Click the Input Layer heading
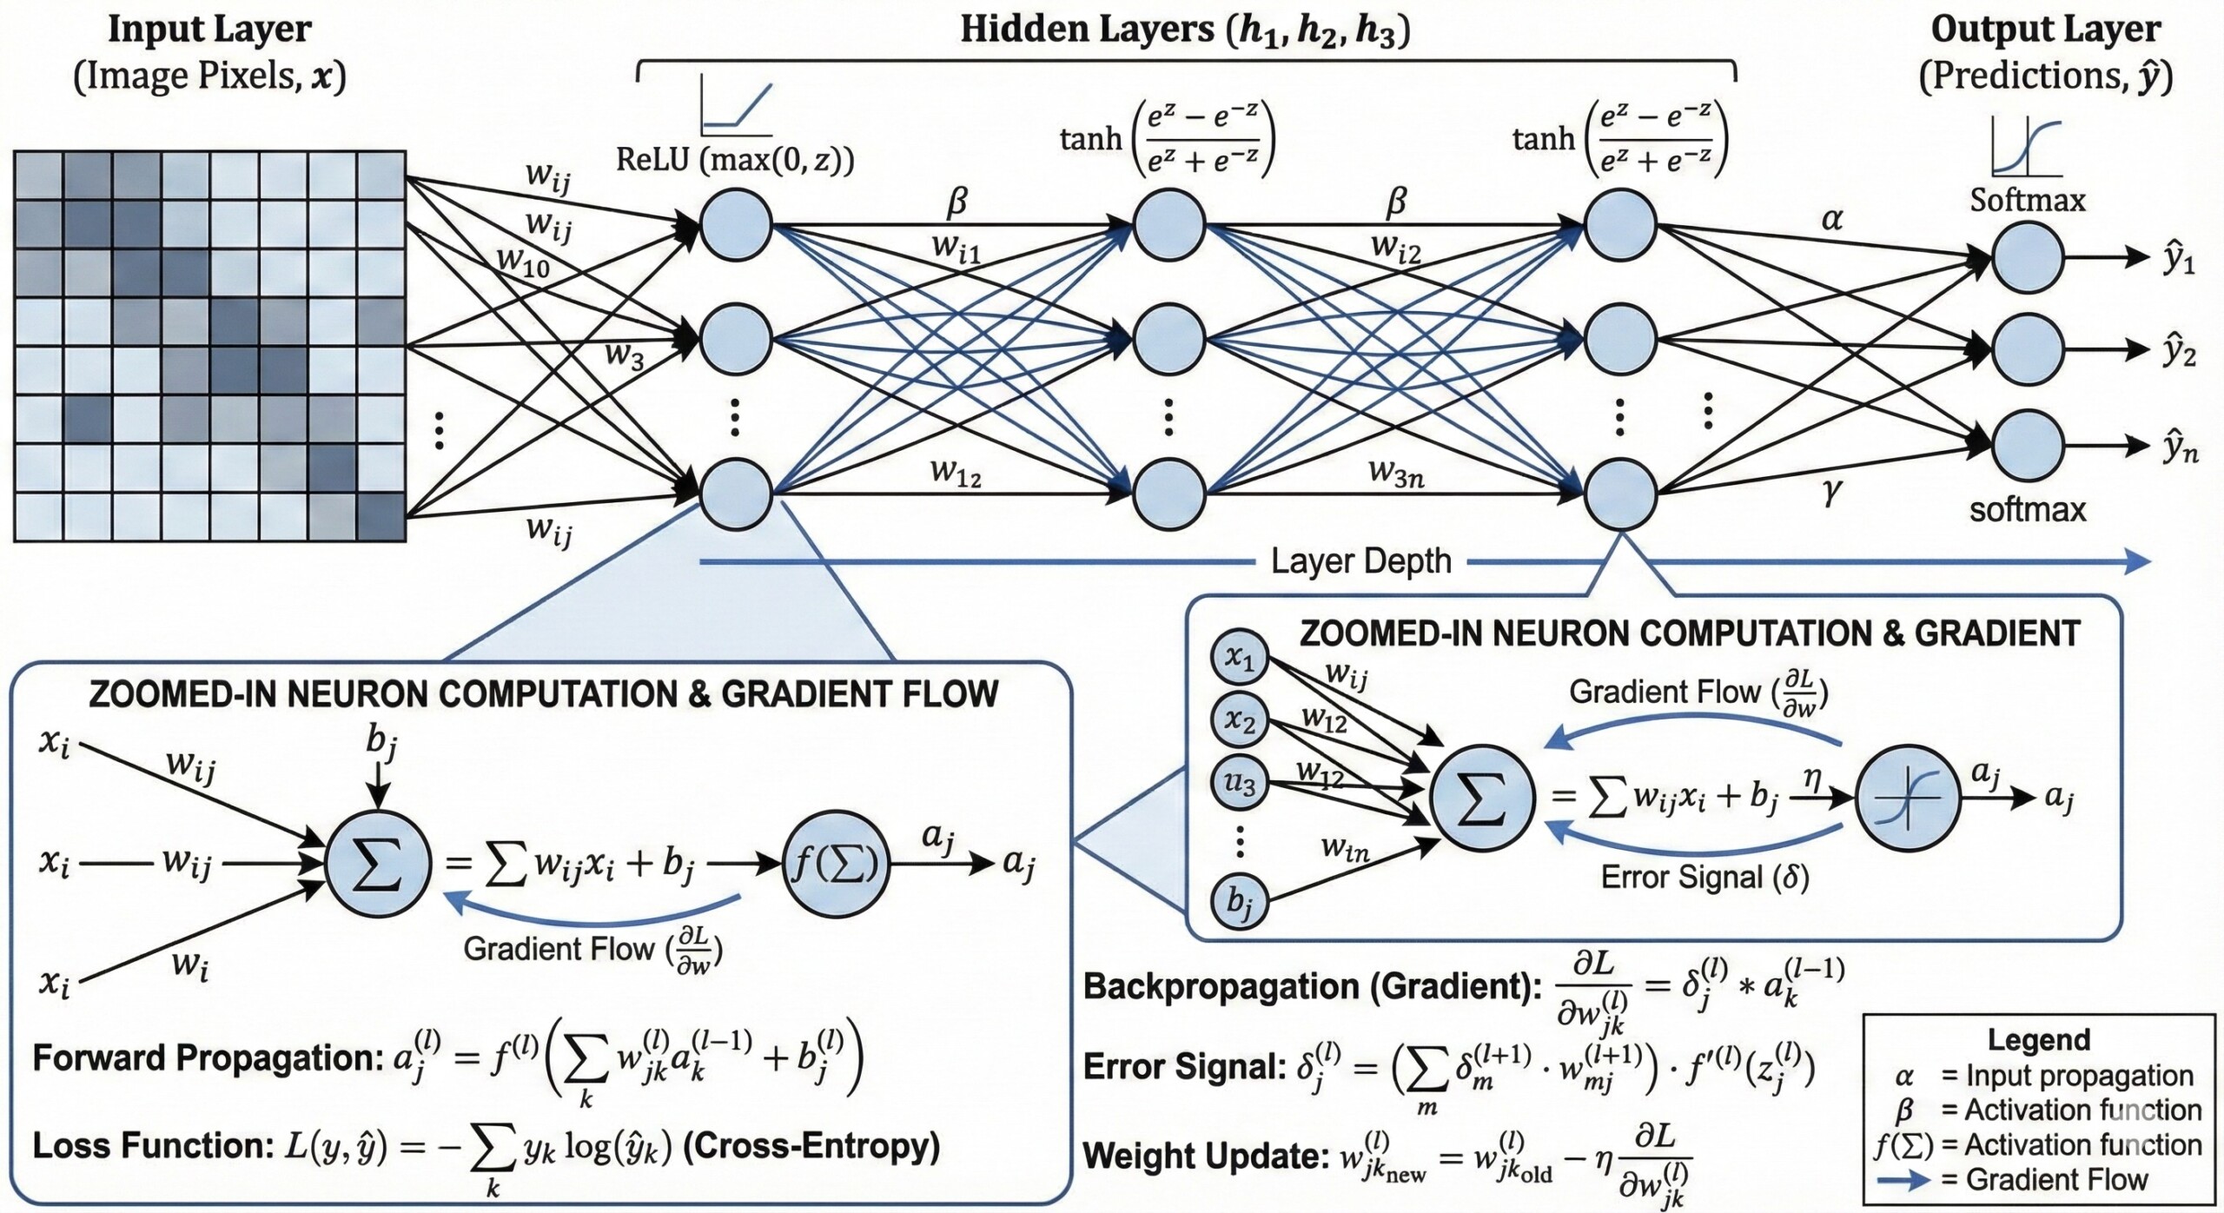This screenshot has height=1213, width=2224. [x=209, y=30]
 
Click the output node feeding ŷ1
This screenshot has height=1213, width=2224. [x=2027, y=258]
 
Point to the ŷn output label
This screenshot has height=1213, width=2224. [x=2179, y=448]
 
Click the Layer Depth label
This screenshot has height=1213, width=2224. [x=1360, y=561]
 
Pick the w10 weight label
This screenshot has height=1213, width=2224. [x=524, y=262]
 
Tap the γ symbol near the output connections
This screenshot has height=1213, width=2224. [x=1831, y=492]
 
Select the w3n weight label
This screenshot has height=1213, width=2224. [x=1396, y=474]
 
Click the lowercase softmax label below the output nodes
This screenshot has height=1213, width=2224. [x=2027, y=509]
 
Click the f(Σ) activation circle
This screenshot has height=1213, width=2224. [x=837, y=864]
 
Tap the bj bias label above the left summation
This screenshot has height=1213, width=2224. [x=381, y=741]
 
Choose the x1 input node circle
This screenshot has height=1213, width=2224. [x=1240, y=659]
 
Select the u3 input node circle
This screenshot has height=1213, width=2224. [x=1240, y=784]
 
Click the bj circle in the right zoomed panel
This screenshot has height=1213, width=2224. [x=1240, y=901]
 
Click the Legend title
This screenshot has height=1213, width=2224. [x=2039, y=1040]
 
